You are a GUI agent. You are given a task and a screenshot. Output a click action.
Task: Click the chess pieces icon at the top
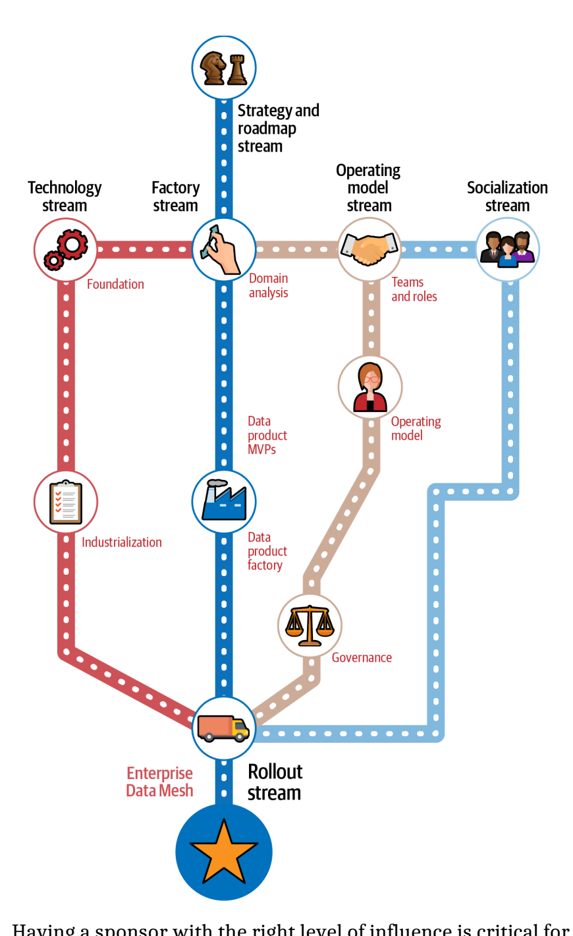(224, 68)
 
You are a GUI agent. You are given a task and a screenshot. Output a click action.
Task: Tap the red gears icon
(65, 250)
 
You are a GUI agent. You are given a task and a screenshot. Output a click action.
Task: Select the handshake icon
(369, 250)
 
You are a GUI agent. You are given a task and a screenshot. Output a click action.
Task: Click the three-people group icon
(507, 250)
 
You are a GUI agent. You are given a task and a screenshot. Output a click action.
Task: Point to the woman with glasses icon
(370, 387)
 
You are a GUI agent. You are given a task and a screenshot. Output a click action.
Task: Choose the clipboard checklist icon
(66, 502)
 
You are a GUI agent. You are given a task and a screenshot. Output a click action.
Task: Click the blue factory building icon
(224, 502)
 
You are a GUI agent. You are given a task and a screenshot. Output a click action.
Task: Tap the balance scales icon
(310, 626)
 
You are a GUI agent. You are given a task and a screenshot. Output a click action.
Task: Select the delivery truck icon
(224, 728)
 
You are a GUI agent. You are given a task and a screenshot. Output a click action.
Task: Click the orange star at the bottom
(224, 852)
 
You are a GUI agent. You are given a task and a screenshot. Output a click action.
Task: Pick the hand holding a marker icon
(224, 250)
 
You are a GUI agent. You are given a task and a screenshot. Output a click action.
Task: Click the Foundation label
(115, 284)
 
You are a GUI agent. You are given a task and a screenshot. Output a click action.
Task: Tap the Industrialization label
(122, 542)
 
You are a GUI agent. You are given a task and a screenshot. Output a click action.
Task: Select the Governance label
(362, 658)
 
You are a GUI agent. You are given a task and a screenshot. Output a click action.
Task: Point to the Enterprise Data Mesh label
(160, 782)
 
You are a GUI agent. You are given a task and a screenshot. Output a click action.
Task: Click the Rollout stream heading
(275, 782)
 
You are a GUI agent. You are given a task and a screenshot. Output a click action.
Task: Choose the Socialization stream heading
(507, 196)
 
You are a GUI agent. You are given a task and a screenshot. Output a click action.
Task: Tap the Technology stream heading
(65, 196)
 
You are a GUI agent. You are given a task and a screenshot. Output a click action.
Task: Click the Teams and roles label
(414, 289)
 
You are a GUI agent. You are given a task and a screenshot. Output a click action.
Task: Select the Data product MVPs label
(267, 435)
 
